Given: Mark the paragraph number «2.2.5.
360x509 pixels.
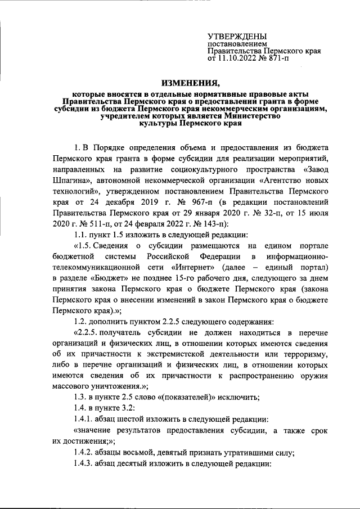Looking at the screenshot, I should click(87, 332).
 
